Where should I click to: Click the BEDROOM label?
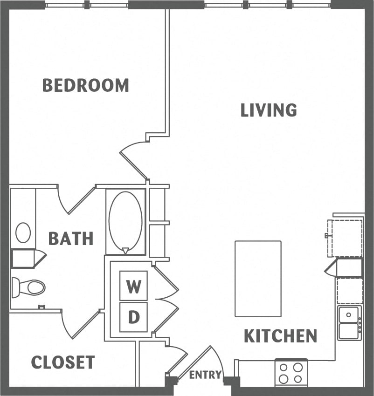coord(85,85)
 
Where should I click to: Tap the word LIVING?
coord(269,110)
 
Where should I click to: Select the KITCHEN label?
coord(281,336)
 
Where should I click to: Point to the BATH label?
coord(71,239)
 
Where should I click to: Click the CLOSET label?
coord(63,362)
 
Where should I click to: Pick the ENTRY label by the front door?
coord(205,375)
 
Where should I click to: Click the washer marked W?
coord(134,286)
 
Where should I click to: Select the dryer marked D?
coord(134,317)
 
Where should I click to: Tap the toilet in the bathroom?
coord(29,287)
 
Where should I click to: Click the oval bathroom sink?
coord(23,232)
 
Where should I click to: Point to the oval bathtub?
coord(125,221)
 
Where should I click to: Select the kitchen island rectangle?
coord(258,279)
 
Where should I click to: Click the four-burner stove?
coord(291,373)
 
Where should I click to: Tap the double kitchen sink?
coord(349,323)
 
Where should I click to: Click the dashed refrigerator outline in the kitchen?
coord(345,238)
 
